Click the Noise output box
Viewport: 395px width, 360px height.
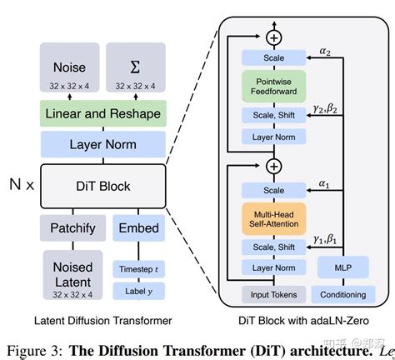69,69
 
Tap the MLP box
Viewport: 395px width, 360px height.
342,269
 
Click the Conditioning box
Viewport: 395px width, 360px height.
342,294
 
